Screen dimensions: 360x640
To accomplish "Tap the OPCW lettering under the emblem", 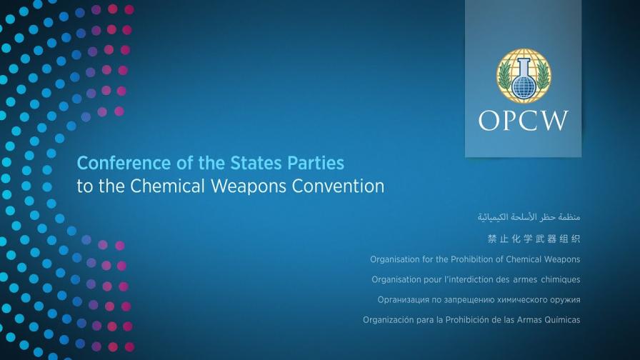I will pyautogui.click(x=524, y=121).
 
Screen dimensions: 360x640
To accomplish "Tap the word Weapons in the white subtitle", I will pyautogui.click(x=257, y=187).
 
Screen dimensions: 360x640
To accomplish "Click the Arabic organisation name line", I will pyautogui.click(x=519, y=215).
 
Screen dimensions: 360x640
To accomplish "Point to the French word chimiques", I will pyautogui.click(x=557, y=279).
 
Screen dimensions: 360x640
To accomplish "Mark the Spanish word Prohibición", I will pyautogui.click(x=466, y=320).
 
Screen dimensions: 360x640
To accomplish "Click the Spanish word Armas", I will pyautogui.click(x=524, y=320).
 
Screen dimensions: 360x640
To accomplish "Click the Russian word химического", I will pyautogui.click(x=514, y=299).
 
